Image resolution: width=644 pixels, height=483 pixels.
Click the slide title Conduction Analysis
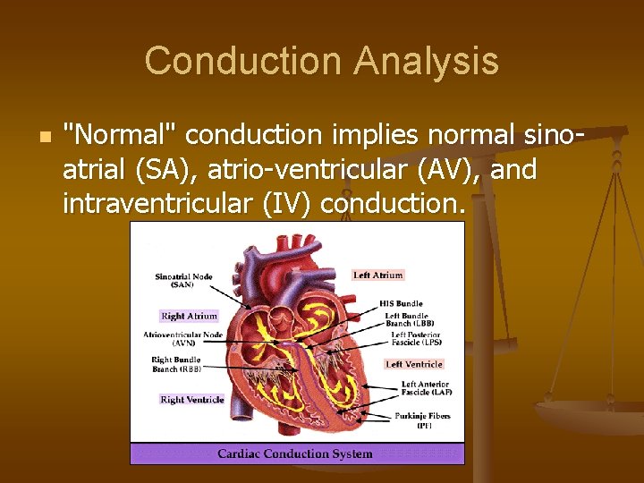pyautogui.click(x=321, y=62)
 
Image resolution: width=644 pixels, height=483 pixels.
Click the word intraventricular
pyautogui.click(x=159, y=204)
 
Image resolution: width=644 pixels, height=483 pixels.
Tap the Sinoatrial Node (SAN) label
pyautogui.click(x=183, y=280)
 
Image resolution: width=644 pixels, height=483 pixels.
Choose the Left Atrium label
pyautogui.click(x=378, y=275)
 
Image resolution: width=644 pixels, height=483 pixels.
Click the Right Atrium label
pyautogui.click(x=189, y=316)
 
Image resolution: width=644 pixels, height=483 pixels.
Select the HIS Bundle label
pyautogui.click(x=400, y=303)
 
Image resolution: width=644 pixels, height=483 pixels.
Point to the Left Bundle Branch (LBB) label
pyautogui.click(x=406, y=319)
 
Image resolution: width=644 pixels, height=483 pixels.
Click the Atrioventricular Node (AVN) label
pyautogui.click(x=182, y=338)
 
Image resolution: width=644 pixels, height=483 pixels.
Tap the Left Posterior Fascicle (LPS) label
pyautogui.click(x=415, y=338)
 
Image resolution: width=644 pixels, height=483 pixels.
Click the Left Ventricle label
pyautogui.click(x=414, y=364)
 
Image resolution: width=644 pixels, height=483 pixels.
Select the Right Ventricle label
pyautogui.click(x=191, y=399)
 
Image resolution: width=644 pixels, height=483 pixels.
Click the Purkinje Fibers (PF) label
pyautogui.click(x=422, y=420)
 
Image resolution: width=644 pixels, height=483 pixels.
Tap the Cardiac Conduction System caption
pyautogui.click(x=294, y=453)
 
